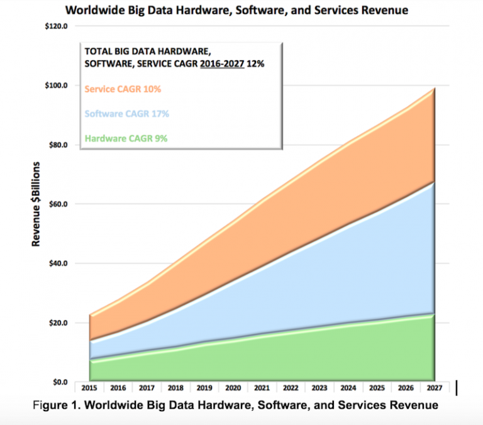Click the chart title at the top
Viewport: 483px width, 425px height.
point(242,11)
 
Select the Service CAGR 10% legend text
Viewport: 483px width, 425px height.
point(122,89)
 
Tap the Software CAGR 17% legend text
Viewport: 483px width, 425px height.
point(126,114)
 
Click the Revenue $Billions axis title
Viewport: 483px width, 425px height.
point(37,204)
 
